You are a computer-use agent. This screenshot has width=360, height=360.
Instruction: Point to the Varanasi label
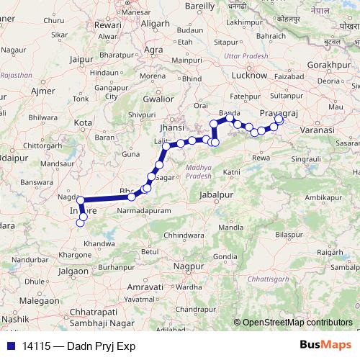318,129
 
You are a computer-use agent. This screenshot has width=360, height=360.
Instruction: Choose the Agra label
153,50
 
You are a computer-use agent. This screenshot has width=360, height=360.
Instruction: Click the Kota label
83,123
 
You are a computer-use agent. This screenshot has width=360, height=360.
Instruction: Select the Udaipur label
12,155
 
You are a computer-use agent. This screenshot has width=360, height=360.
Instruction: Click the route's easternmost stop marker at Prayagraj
279,120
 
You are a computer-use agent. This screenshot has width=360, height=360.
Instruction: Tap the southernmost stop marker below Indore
81,223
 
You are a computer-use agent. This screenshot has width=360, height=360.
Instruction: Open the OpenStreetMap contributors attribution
297,323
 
